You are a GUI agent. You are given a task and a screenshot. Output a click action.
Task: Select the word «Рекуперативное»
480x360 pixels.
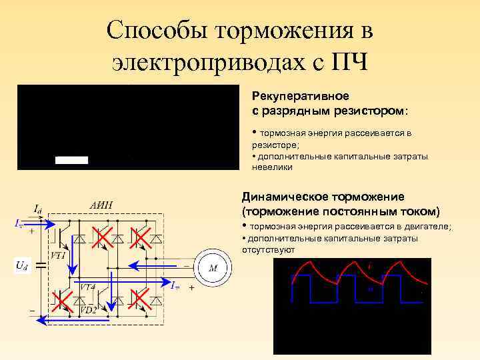tap(291, 97)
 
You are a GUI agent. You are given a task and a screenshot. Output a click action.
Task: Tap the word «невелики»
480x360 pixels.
tap(271, 167)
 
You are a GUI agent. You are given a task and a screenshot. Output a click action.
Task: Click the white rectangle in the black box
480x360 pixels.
tap(71, 160)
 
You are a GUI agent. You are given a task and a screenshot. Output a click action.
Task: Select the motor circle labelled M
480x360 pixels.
tap(214, 268)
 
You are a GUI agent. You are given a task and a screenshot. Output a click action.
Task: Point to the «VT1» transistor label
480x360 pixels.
tap(58, 255)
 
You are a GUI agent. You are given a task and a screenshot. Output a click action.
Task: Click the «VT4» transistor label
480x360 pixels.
tap(88, 286)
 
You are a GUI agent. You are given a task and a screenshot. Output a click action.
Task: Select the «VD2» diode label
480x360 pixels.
tap(88, 310)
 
